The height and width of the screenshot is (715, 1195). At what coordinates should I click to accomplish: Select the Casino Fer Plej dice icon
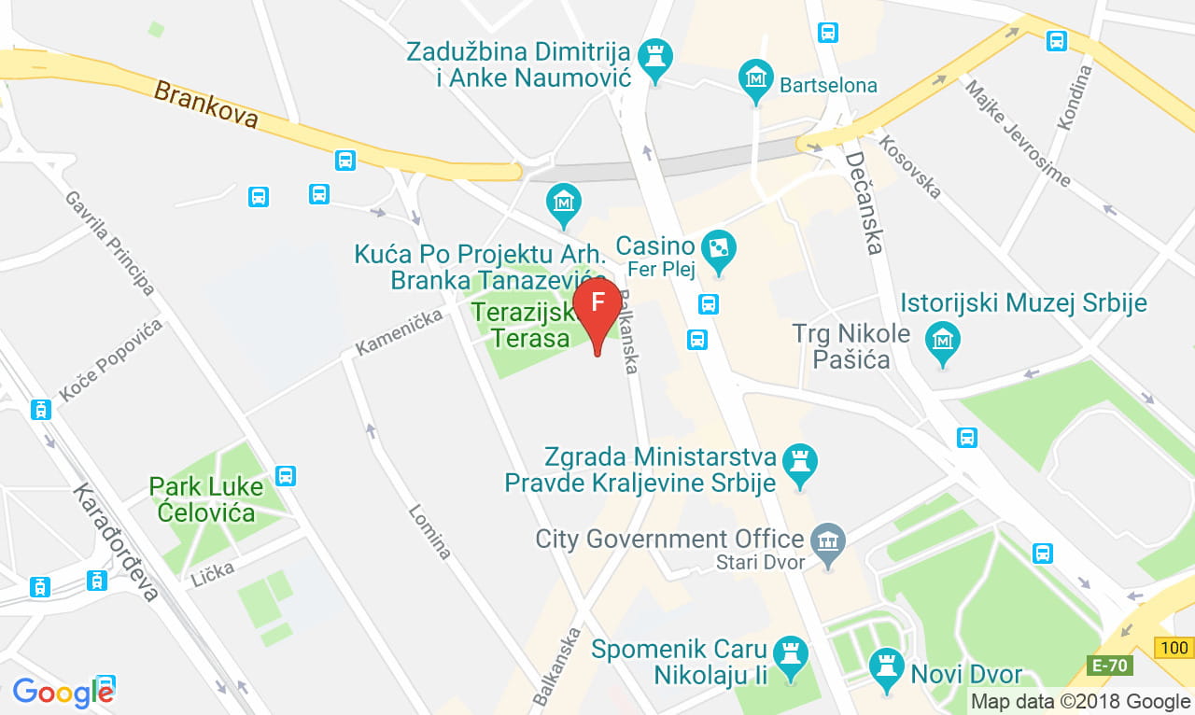tap(719, 248)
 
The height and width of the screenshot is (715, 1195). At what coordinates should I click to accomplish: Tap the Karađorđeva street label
tap(117, 541)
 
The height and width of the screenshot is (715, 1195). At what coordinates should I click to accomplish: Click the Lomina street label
tap(429, 531)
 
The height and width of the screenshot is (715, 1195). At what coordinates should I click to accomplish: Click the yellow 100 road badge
tap(1174, 648)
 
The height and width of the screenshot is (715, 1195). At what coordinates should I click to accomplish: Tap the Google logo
tap(63, 693)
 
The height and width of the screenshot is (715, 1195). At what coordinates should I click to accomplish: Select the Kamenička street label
tap(399, 332)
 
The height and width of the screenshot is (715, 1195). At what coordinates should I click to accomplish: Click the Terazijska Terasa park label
tap(521, 323)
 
